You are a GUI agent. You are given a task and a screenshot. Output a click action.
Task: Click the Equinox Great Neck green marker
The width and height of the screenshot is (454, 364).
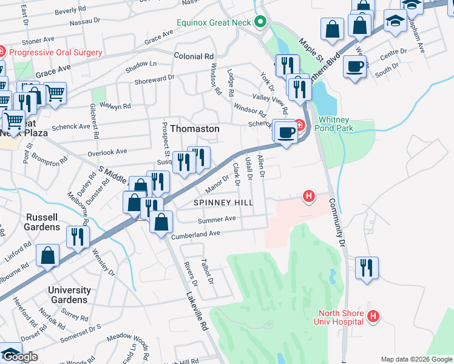pyautogui.click(x=261, y=22)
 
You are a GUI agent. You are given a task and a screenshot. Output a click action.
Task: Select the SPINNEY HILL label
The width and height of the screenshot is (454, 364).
pyautogui.click(x=222, y=202)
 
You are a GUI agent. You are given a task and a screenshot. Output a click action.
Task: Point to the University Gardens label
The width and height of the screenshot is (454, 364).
pyautogui.click(x=69, y=295)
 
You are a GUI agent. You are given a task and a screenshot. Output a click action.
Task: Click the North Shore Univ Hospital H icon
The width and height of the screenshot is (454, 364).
pyautogui.click(x=373, y=316)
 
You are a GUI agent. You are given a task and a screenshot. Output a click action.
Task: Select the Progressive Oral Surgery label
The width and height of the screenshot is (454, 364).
pyautogui.click(x=58, y=52)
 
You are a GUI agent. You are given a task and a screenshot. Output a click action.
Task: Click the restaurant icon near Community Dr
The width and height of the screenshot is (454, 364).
pyautogui.click(x=367, y=268)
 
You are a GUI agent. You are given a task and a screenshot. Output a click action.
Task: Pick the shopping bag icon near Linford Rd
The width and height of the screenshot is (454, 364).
pyautogui.click(x=47, y=255)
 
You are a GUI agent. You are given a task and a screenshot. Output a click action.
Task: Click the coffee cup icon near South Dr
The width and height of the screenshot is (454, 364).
pyautogui.click(x=354, y=66)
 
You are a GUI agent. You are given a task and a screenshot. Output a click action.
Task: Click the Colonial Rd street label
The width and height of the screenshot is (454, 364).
pyautogui.click(x=194, y=55)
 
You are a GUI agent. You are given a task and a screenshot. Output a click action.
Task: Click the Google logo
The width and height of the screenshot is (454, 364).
pyautogui.click(x=19, y=357)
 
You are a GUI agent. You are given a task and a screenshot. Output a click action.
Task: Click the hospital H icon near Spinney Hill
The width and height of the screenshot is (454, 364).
pyautogui.click(x=309, y=196)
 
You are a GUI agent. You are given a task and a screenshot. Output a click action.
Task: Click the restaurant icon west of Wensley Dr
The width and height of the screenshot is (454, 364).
pyautogui.click(x=78, y=237)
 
